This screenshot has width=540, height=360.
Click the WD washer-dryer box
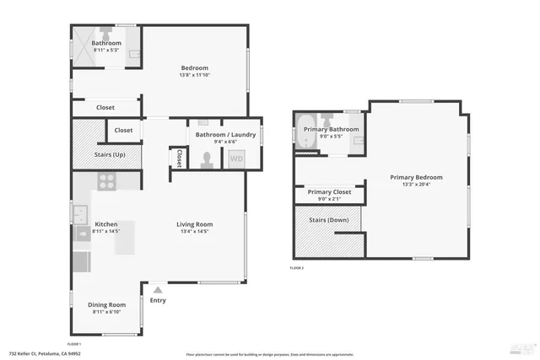(x=237, y=158)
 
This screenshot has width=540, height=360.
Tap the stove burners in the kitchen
(x=107, y=180)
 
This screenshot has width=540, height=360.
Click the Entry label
(x=158, y=300)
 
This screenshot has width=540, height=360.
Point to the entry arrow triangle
(x=157, y=289)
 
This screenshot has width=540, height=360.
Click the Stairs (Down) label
(x=327, y=219)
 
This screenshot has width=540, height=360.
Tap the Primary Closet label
(x=329, y=192)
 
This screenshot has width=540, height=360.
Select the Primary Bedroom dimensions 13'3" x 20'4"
(x=416, y=185)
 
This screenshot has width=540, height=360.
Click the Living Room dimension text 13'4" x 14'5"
(x=194, y=232)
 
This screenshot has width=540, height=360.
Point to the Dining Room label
(x=107, y=304)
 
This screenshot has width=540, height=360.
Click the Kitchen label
(x=105, y=224)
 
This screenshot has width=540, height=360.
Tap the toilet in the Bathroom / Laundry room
(x=206, y=159)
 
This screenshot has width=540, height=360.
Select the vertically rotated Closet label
(x=180, y=158)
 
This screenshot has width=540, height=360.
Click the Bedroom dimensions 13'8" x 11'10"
(x=194, y=75)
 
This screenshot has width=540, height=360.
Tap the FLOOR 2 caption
(x=296, y=267)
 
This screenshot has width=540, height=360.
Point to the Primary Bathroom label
(x=331, y=129)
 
